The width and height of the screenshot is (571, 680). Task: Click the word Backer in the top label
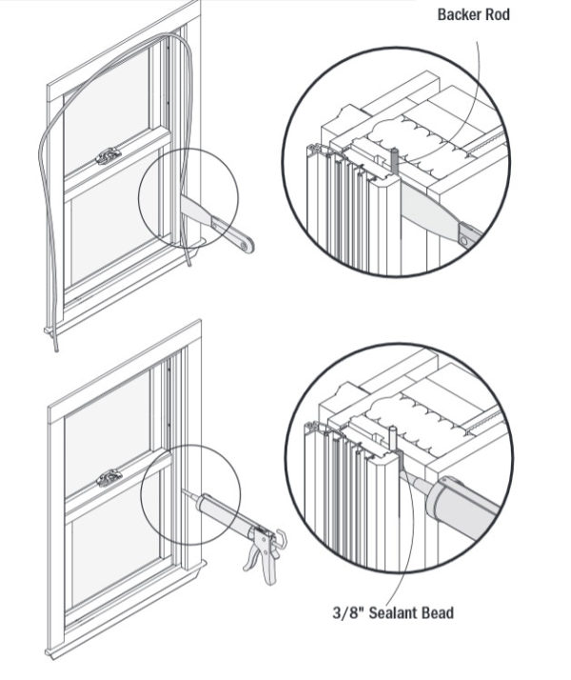[x=460, y=14]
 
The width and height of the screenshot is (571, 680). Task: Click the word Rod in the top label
[x=498, y=14]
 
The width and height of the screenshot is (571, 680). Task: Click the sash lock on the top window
[x=109, y=155]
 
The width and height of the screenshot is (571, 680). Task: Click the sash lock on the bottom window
[x=110, y=477]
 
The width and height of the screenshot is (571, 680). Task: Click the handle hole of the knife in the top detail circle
[x=463, y=240]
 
